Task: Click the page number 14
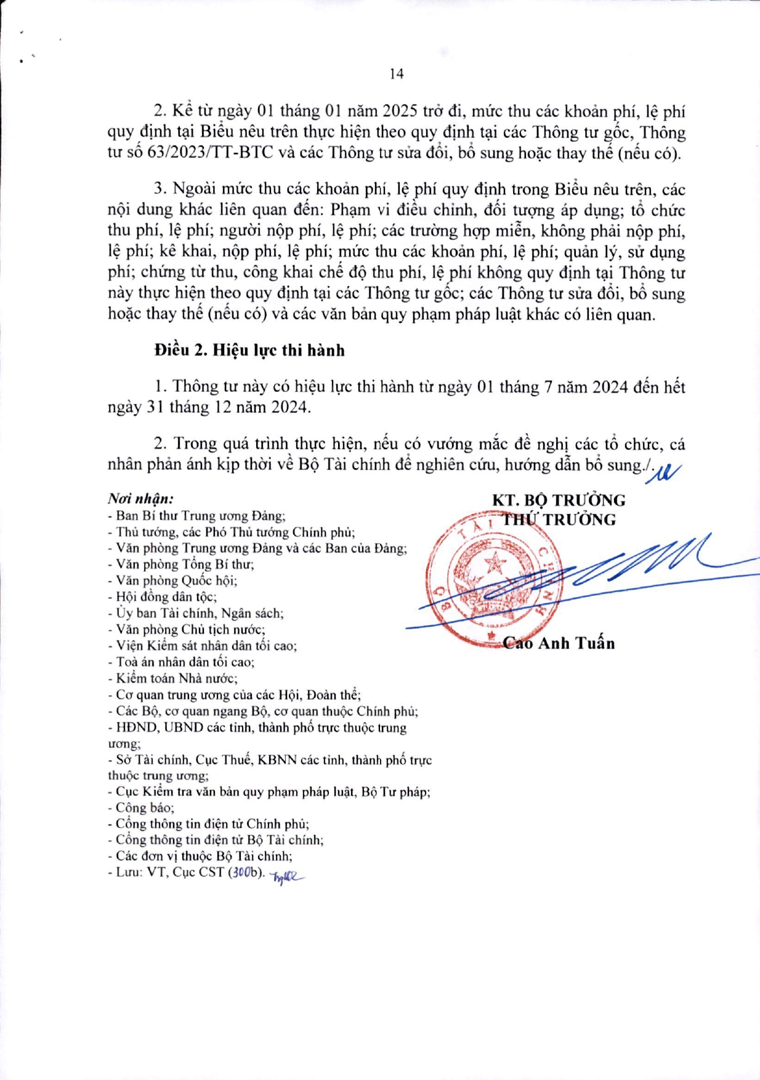pyautogui.click(x=397, y=74)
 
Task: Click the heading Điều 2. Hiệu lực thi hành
pyautogui.click(x=249, y=350)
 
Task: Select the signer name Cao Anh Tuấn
pyautogui.click(x=559, y=643)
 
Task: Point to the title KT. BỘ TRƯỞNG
pyautogui.click(x=558, y=500)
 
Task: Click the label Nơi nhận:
pyautogui.click(x=140, y=498)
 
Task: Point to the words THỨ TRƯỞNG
pyautogui.click(x=559, y=519)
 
